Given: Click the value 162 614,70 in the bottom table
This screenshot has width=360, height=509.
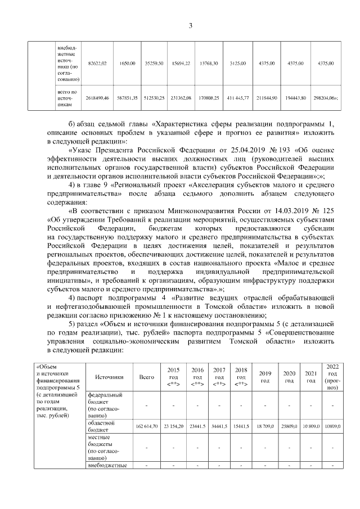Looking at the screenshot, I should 147,427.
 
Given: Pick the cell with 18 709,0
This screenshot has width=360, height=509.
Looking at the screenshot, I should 265,427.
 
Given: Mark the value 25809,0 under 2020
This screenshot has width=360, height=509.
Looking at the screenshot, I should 289,427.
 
